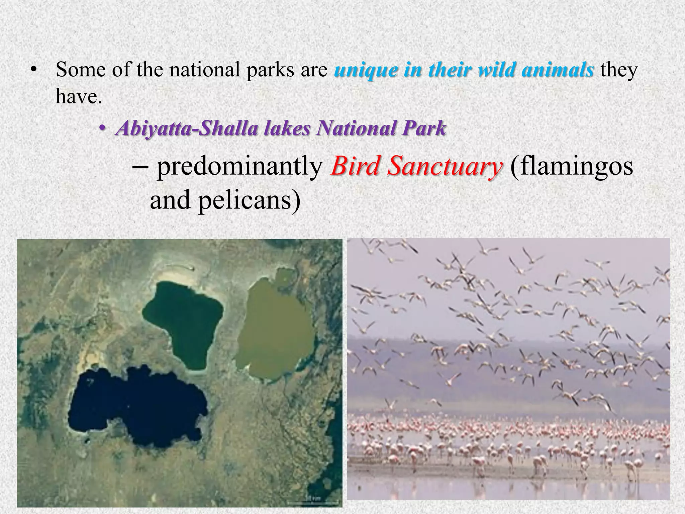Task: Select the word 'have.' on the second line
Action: coord(78,97)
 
